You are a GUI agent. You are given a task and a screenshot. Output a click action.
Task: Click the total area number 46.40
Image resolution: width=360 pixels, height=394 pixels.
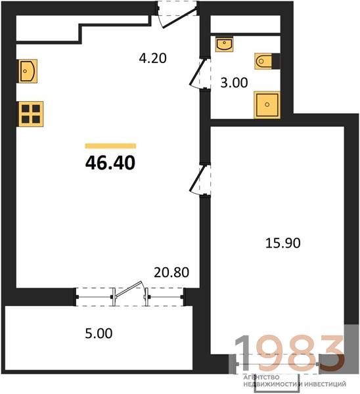110,163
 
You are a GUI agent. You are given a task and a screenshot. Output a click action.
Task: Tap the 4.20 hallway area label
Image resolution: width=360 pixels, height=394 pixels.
152,58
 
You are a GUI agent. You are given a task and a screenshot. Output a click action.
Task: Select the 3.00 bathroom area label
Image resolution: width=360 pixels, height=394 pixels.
234,83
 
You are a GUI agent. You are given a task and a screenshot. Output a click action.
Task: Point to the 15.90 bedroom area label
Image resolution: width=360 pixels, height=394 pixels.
283,243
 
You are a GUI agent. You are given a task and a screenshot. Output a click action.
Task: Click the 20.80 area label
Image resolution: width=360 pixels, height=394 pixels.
171,273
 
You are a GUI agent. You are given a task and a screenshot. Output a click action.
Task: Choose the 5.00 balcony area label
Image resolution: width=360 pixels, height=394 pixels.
99,334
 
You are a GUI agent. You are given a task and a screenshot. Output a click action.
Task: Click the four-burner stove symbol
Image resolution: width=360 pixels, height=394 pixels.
31,114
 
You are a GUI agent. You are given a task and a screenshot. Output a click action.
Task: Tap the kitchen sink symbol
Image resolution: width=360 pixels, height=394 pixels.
28,71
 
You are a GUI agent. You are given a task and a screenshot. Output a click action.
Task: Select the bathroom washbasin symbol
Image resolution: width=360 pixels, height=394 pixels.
224,44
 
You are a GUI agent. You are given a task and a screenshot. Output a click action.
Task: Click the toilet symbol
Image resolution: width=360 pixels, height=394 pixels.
267,61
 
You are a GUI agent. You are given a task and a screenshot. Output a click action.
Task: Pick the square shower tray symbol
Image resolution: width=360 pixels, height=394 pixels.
267,104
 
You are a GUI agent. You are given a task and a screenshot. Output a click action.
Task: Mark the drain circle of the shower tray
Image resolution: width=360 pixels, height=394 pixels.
267,104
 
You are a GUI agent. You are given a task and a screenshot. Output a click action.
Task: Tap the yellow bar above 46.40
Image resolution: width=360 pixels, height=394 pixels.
110,146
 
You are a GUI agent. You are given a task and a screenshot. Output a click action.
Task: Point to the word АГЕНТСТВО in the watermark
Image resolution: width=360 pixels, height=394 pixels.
261,377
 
